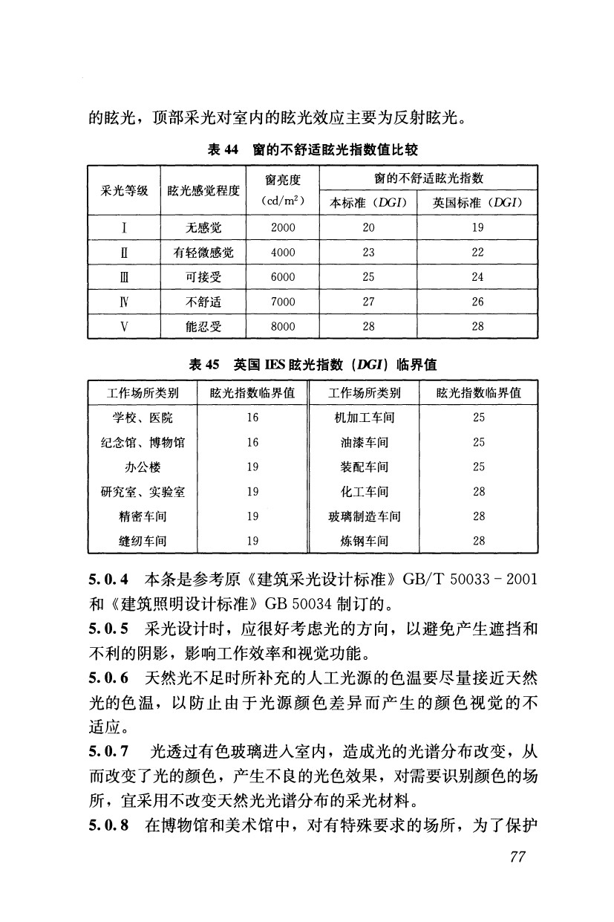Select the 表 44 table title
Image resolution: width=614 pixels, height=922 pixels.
click(x=313, y=150)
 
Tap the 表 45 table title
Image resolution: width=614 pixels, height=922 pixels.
click(x=313, y=365)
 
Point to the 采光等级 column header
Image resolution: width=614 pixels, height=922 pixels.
click(x=123, y=190)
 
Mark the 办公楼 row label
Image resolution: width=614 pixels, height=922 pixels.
click(x=143, y=467)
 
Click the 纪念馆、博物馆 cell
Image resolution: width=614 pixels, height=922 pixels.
click(x=143, y=442)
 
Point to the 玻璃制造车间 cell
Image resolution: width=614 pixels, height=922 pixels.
click(x=364, y=516)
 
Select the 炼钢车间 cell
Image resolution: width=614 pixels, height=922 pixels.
click(x=364, y=541)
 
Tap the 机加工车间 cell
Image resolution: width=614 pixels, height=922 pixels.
click(x=364, y=418)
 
